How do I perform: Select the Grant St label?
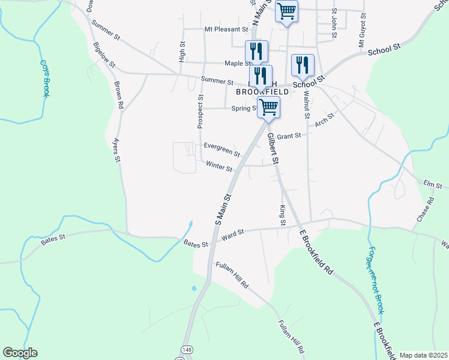(x=289, y=136)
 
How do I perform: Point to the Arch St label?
(x=324, y=121)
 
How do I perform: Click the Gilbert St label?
(x=273, y=149)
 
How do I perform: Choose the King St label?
(x=282, y=215)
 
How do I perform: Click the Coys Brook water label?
(x=44, y=77)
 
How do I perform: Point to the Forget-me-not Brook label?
(x=376, y=280)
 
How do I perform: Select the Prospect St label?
(x=200, y=112)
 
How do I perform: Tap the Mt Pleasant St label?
(x=226, y=29)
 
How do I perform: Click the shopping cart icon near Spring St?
(x=268, y=107)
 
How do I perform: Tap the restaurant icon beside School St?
(x=303, y=65)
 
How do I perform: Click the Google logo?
(x=20, y=353)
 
